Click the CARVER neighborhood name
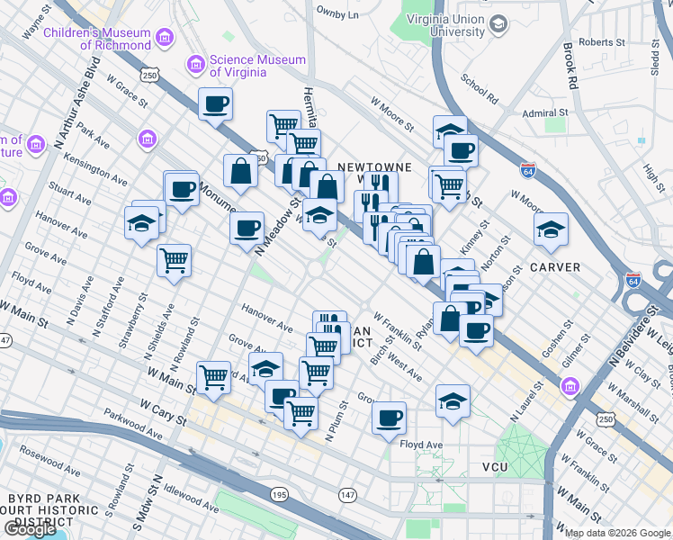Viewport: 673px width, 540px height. [x=555, y=267]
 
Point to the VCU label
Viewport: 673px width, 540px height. [x=496, y=467]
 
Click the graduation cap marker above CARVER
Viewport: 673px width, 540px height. [x=551, y=230]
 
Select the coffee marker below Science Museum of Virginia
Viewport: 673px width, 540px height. [x=215, y=104]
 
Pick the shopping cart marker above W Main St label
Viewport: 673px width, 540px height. [x=214, y=377]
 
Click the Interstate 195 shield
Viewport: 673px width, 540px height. [x=278, y=495]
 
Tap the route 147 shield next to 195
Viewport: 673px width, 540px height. [x=347, y=495]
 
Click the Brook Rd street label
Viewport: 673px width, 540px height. [x=570, y=67]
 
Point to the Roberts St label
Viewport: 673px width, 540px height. [x=602, y=42]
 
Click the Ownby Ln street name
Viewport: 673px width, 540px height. [x=337, y=14]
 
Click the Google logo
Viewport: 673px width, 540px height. [x=30, y=529]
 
